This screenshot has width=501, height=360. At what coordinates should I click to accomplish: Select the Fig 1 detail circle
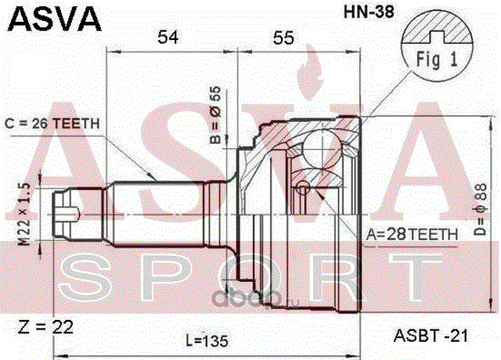coord(436,46)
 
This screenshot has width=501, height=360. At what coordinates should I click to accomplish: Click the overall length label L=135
coord(209,340)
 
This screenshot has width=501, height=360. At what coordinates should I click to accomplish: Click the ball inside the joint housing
coord(320,146)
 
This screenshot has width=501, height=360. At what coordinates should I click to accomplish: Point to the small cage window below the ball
coord(305,187)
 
